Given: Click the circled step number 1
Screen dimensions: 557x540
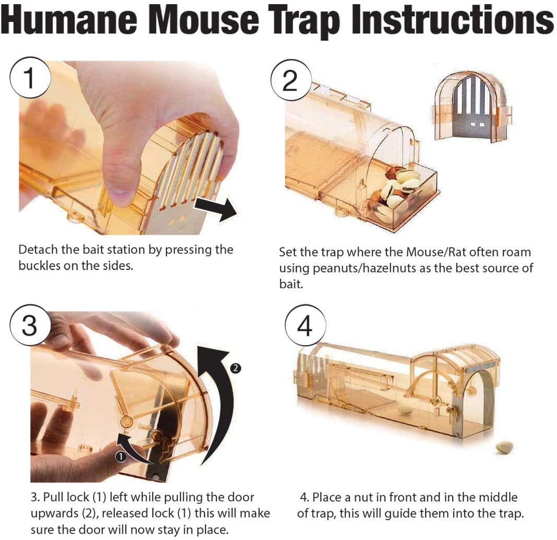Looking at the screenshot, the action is coord(30,77).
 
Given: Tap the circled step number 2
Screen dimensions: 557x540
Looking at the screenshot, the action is coord(290,80).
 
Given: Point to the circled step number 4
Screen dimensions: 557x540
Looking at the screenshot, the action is coord(305,325).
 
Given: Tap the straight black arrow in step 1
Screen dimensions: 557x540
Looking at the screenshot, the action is coord(215,208).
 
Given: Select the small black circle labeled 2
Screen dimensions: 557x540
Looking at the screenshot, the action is coord(236,368).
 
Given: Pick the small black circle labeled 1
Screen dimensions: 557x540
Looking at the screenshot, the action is coord(121,456).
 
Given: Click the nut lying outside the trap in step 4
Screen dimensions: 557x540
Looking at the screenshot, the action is coord(504,446).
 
